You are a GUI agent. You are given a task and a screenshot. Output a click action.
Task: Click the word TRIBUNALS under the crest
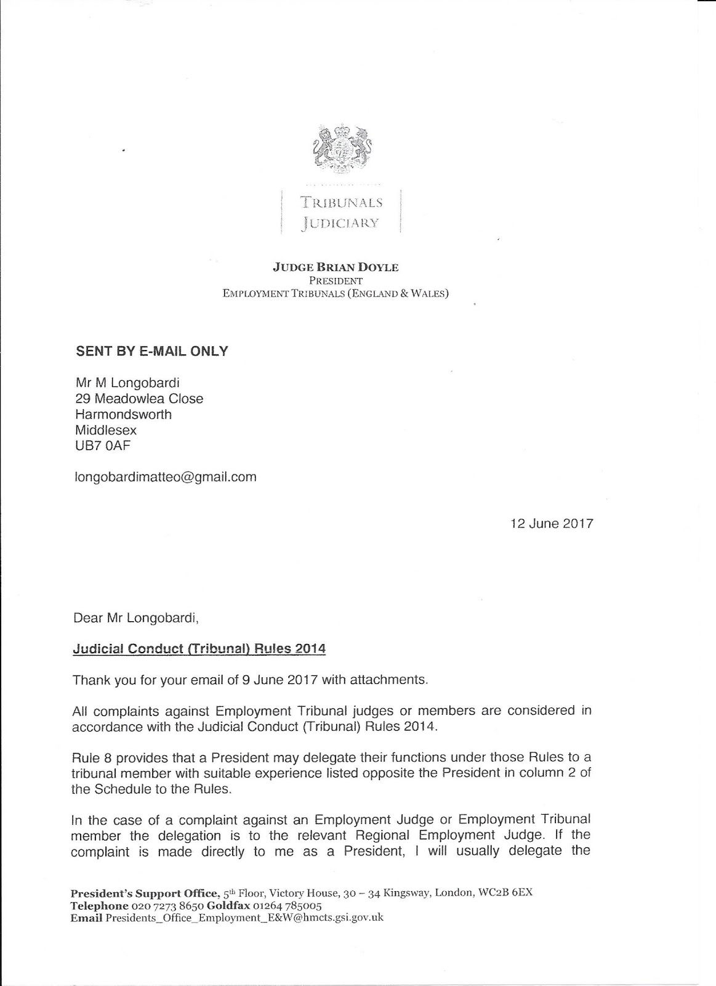(x=341, y=202)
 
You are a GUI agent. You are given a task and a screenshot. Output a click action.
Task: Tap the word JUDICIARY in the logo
(x=340, y=222)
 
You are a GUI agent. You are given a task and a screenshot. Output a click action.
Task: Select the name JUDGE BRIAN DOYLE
(x=336, y=267)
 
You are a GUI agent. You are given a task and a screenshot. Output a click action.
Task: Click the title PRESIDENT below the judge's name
(x=336, y=281)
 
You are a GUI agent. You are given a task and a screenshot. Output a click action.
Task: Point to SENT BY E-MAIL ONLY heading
(x=151, y=351)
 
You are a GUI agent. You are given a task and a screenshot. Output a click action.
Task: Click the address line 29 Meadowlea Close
(x=139, y=399)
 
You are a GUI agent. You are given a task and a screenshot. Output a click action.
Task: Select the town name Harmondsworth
(x=123, y=414)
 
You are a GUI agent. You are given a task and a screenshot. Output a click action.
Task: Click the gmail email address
(x=165, y=477)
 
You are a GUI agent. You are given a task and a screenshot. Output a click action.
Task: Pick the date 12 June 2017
(x=552, y=524)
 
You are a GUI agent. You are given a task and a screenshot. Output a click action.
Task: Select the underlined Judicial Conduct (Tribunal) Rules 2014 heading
(x=199, y=649)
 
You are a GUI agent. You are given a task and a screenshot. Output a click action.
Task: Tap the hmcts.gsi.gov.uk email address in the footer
(x=244, y=918)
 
